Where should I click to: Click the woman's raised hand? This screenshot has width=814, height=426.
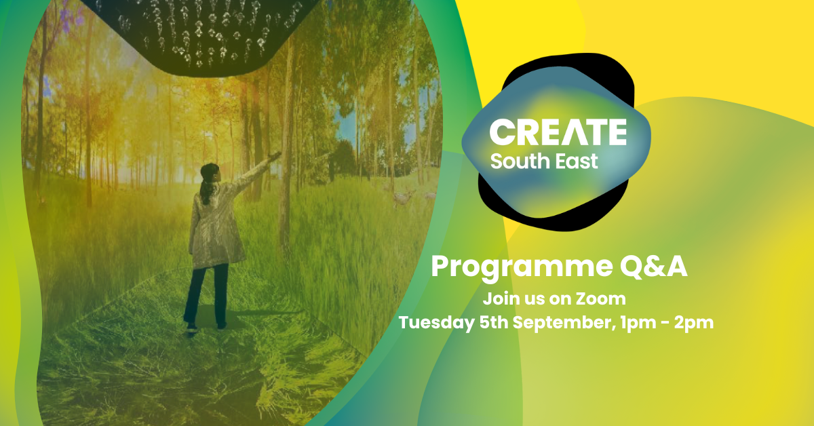click(275, 157)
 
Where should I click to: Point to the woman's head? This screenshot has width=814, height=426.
click(208, 174)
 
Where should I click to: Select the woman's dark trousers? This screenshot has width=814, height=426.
click(205, 292)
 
